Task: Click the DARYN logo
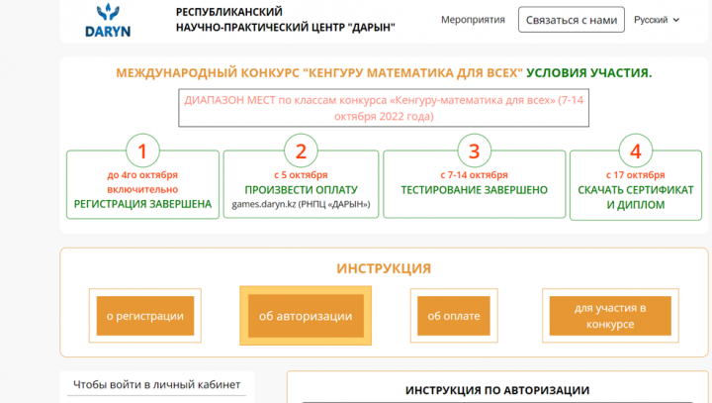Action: click(108, 21)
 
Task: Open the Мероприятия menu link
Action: click(473, 20)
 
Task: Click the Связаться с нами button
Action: click(572, 20)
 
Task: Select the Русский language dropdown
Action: click(657, 20)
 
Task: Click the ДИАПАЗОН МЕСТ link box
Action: click(384, 108)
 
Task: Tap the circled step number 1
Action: click(142, 151)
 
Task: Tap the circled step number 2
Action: click(301, 151)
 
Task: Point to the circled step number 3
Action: click(474, 151)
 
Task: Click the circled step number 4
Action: click(635, 151)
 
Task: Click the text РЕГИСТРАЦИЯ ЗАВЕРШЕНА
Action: click(142, 204)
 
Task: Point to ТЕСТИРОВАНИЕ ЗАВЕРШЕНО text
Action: click(474, 190)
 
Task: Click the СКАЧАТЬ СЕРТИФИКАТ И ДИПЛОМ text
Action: click(635, 197)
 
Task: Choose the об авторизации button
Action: click(306, 316)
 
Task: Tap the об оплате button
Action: click(454, 316)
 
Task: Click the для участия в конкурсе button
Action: click(610, 316)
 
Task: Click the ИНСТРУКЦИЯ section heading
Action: click(384, 268)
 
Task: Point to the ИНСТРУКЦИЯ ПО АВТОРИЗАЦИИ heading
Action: click(497, 390)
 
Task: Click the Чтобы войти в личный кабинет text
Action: click(156, 385)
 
